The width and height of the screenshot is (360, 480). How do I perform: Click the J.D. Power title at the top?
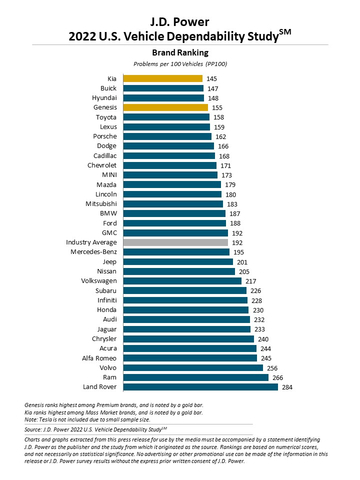pos(179,13)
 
